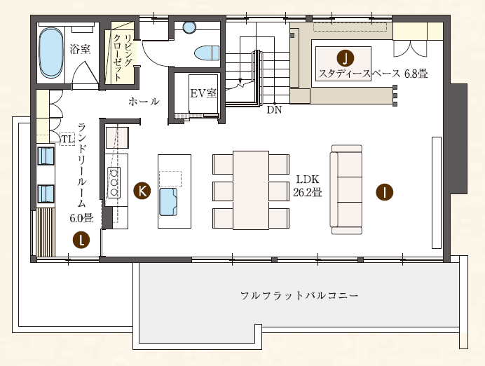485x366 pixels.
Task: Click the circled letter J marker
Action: [346, 58]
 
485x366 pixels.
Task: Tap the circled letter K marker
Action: [142, 191]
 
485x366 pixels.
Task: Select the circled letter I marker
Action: [385, 192]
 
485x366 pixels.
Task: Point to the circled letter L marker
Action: [81, 240]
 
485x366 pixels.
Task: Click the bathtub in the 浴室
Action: [51, 53]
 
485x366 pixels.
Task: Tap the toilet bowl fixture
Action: [207, 53]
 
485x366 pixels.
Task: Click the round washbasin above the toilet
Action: [189, 27]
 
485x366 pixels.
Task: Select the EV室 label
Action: [203, 93]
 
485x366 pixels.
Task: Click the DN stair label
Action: [274, 109]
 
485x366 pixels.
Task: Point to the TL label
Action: [67, 139]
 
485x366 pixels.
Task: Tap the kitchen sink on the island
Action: [169, 202]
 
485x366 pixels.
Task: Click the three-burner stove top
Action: [114, 182]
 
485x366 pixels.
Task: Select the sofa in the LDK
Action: [346, 189]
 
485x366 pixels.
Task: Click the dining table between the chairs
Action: [251, 190]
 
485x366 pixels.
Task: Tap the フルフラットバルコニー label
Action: [299, 295]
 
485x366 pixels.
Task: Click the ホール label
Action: [144, 102]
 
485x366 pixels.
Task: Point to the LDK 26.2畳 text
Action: [308, 186]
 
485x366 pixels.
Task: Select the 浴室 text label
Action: [80, 49]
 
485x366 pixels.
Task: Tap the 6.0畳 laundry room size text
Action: [81, 218]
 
